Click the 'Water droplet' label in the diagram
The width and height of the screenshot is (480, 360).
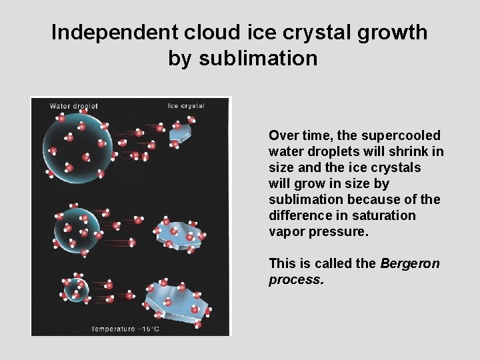(x=73, y=106)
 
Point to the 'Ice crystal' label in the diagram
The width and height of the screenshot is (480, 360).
(x=185, y=105)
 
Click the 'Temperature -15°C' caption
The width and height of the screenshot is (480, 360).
(x=125, y=328)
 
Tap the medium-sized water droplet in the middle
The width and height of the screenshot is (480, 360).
(x=74, y=229)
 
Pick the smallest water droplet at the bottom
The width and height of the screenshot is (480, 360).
(x=75, y=289)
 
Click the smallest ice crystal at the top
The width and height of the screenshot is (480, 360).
(x=180, y=133)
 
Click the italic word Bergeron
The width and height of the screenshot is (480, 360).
(x=410, y=263)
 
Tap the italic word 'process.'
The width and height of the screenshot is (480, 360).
(x=296, y=279)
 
